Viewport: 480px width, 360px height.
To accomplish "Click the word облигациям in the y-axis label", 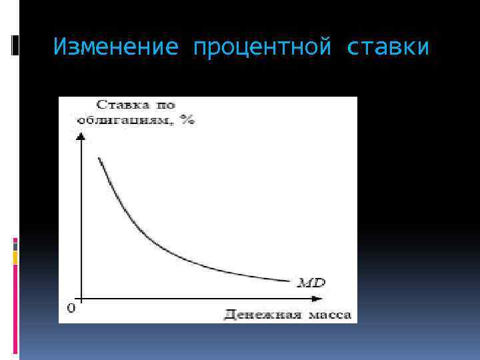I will (130, 120).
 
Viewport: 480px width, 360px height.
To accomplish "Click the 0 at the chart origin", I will (71, 309).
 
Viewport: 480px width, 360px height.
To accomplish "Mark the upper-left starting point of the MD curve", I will (99, 157).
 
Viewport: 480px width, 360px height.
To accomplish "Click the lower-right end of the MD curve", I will (291, 281).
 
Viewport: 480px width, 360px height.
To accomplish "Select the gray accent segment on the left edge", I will (15, 245).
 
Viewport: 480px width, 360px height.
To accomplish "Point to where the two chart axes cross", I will (81, 298).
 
